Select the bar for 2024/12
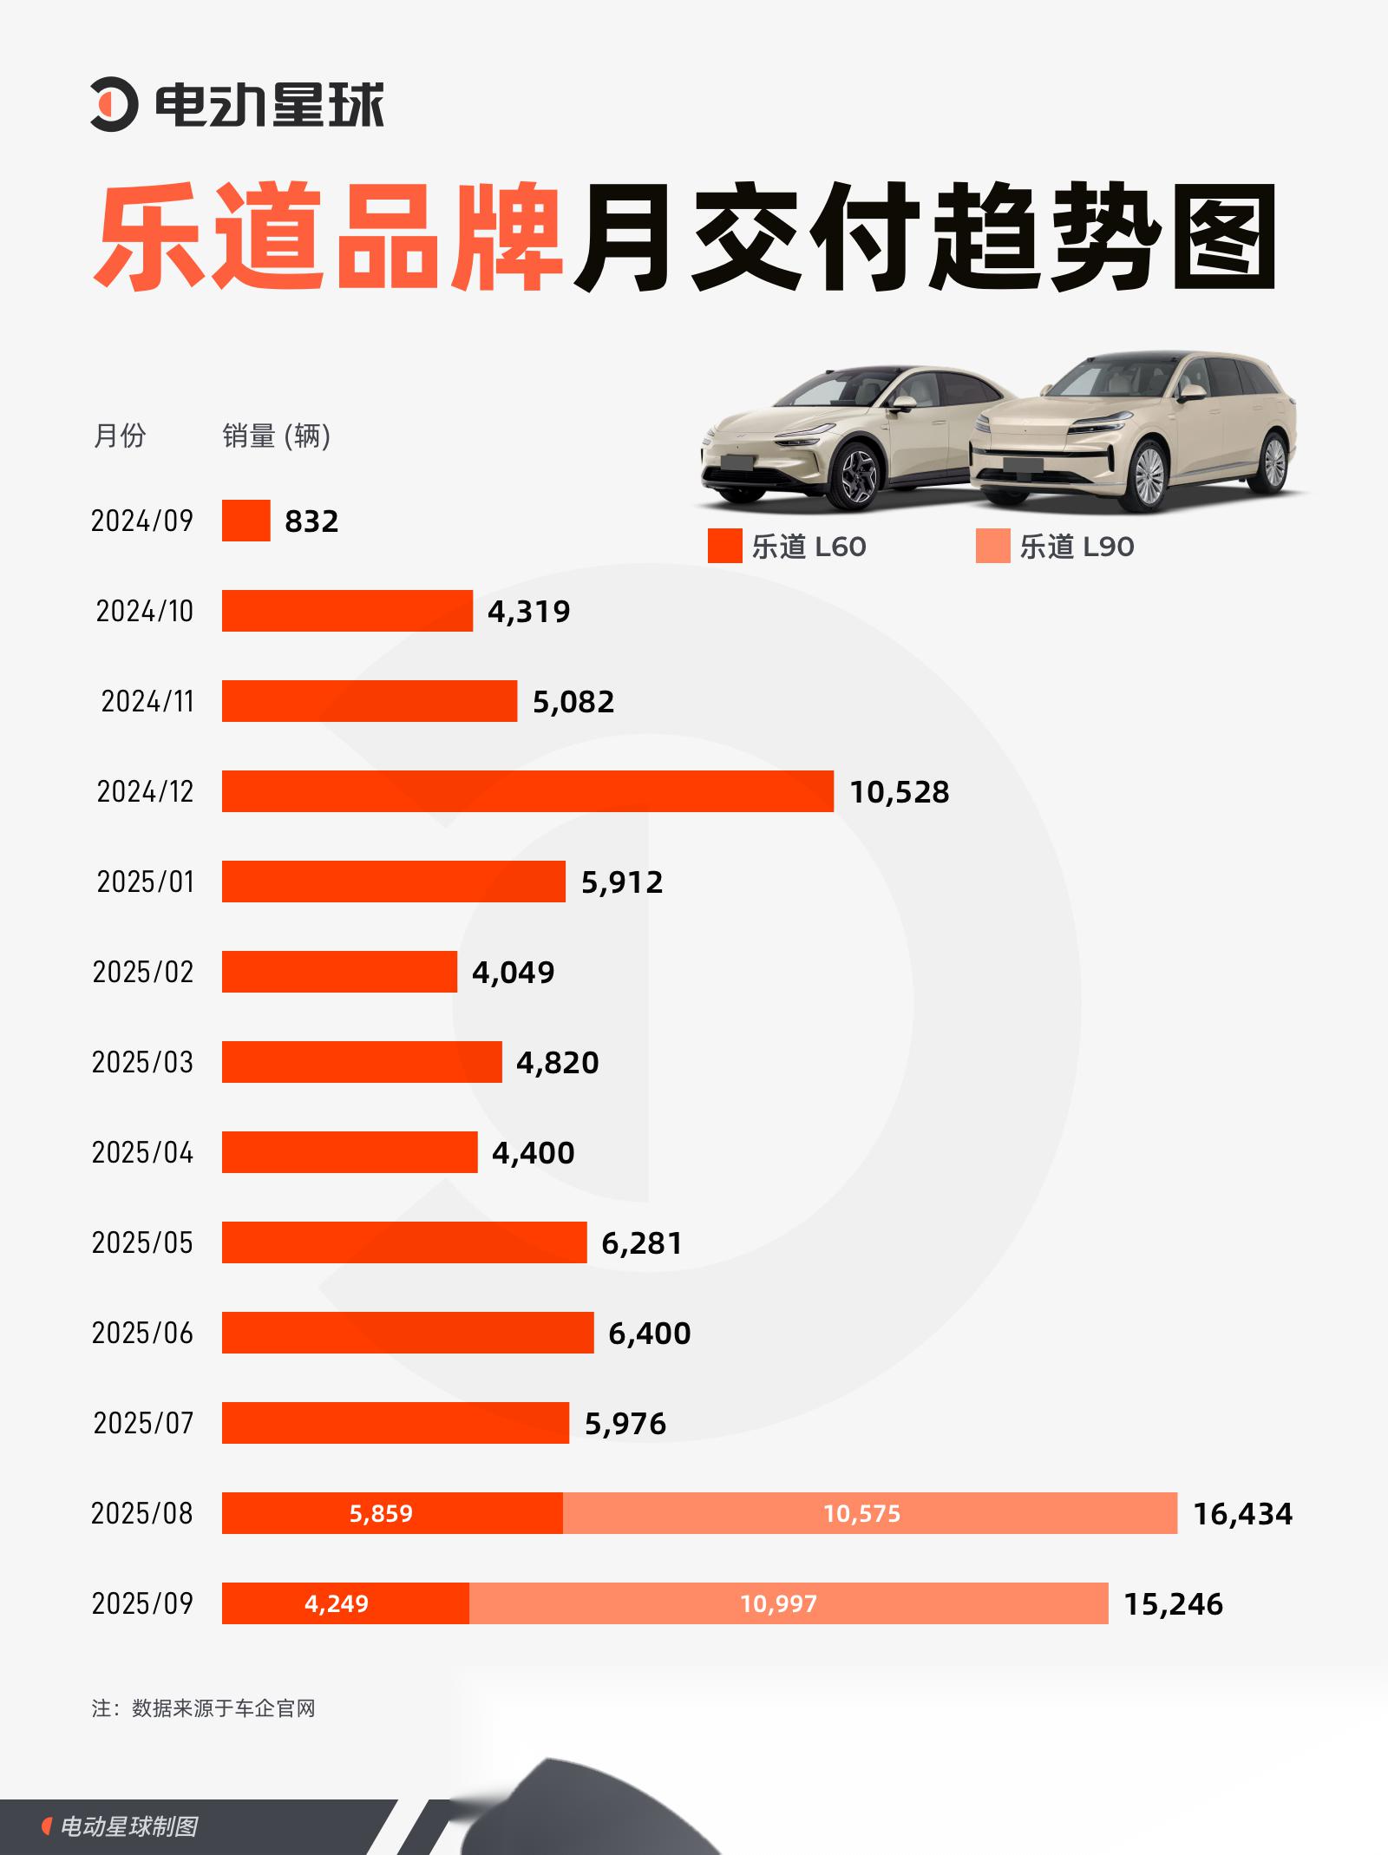[x=527, y=791]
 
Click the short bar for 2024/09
[x=246, y=521]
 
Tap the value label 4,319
[x=528, y=612]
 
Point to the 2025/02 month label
[x=142, y=972]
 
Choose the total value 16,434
[x=1242, y=1514]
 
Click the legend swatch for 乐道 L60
[x=724, y=547]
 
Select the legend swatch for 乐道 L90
[x=992, y=547]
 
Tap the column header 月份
[x=119, y=436]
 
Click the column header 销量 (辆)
[x=276, y=436]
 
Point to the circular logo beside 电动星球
[x=114, y=106]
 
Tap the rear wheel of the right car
[x=1273, y=462]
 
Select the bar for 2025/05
[x=404, y=1242]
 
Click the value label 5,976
[x=625, y=1424]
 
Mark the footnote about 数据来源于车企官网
[x=204, y=1708]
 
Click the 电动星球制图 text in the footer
[x=128, y=1826]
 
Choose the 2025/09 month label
[x=142, y=1603]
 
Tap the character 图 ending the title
[x=1224, y=236]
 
